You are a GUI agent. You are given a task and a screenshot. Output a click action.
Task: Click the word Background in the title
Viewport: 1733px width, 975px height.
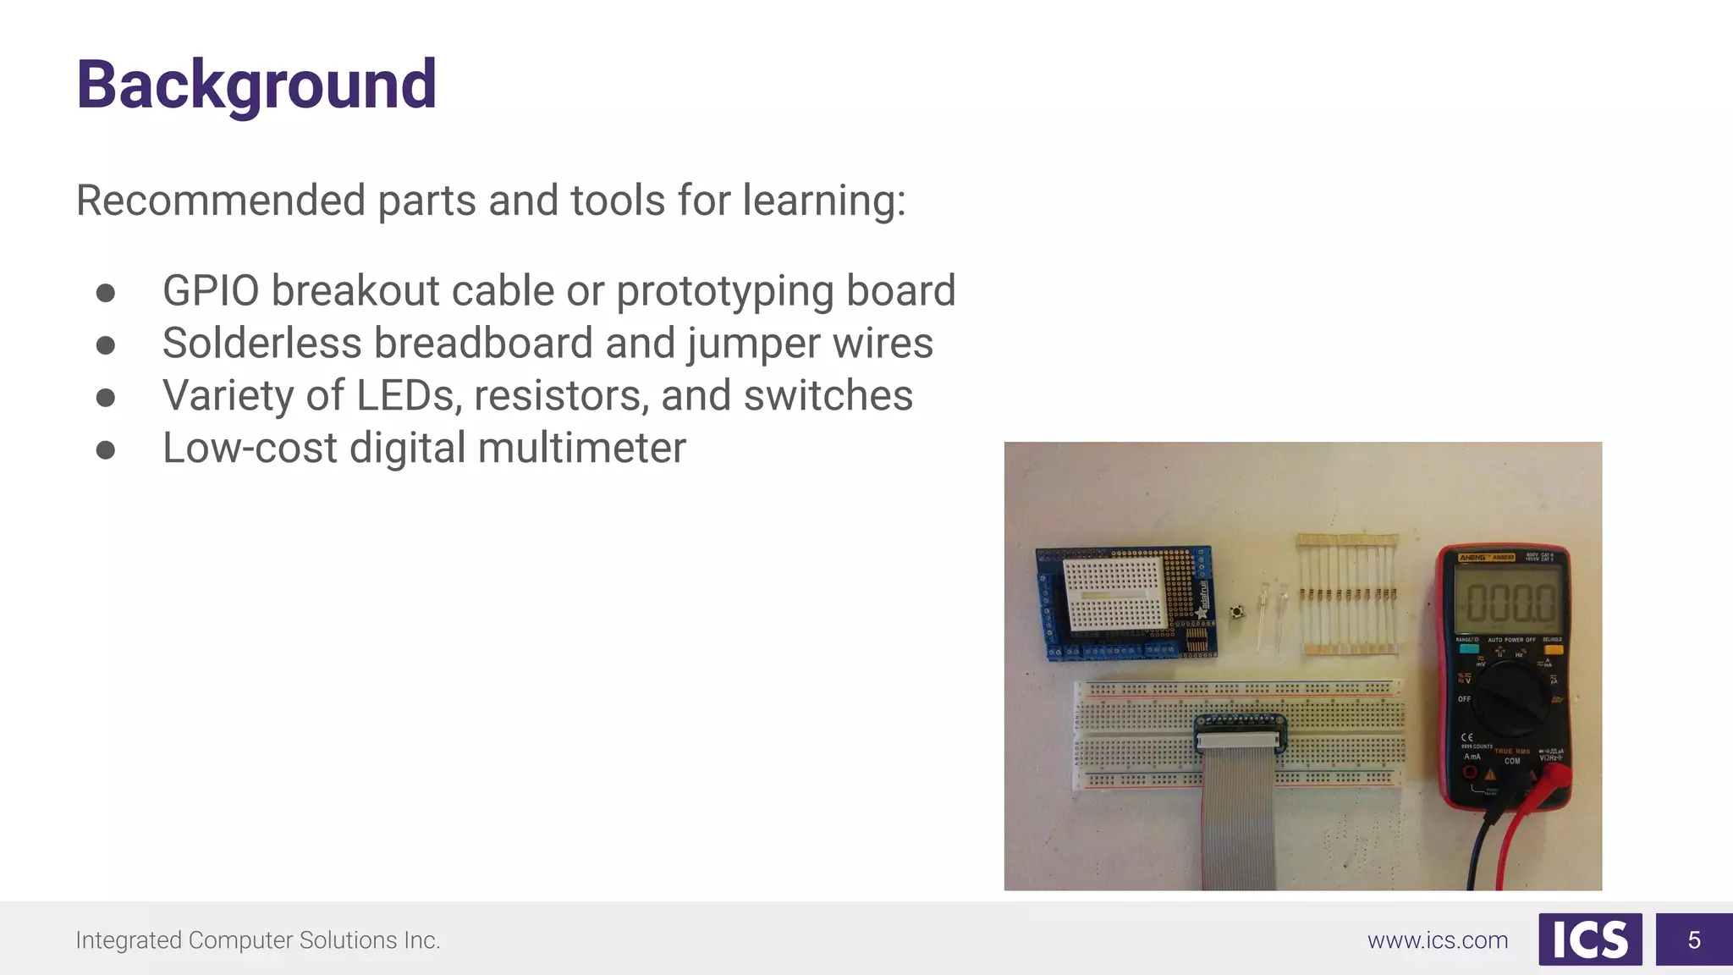(256, 85)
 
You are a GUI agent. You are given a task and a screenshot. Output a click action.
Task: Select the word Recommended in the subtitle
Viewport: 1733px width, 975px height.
(220, 201)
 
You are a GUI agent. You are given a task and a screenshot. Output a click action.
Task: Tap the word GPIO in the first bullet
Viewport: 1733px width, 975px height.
(211, 290)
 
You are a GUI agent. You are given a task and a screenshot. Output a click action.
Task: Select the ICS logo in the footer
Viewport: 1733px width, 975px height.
(1590, 939)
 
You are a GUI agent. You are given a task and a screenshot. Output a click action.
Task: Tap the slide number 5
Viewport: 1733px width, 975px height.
(1694, 939)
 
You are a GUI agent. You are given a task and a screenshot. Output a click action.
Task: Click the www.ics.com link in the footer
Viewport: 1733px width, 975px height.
(1438, 940)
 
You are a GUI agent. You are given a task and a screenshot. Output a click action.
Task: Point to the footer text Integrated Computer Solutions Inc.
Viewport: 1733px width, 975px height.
(258, 940)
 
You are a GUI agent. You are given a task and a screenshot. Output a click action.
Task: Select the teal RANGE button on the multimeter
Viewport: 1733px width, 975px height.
(1468, 648)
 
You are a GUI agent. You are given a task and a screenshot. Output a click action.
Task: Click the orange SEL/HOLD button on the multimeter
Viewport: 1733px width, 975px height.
(1553, 648)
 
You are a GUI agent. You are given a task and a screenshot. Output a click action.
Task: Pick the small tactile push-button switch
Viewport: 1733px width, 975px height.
(1237, 611)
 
